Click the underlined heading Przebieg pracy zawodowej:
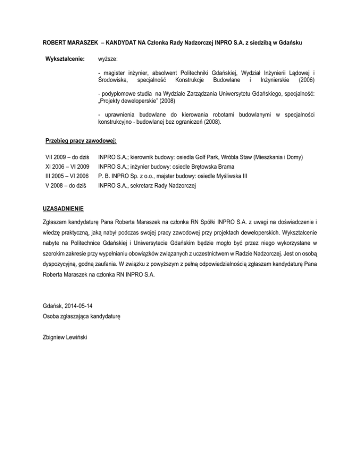click(x=81, y=140)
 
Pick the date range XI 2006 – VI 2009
click(x=67, y=166)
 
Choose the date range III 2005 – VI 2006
click(x=67, y=176)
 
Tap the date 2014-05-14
click(x=79, y=306)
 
